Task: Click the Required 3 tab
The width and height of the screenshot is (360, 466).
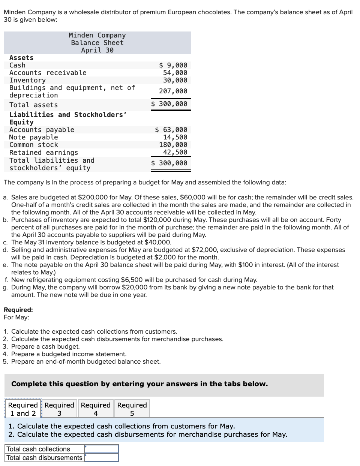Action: click(59, 409)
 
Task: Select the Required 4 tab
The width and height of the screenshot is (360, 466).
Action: click(96, 409)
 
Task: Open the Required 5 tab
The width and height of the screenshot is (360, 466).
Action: click(132, 409)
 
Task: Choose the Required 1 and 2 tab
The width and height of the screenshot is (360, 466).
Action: click(23, 409)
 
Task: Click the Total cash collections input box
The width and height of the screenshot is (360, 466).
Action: click(102, 449)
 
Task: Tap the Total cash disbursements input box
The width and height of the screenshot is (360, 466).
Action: click(102, 458)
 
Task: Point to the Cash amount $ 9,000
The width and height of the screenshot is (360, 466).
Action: click(173, 65)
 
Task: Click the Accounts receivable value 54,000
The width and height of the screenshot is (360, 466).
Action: click(175, 73)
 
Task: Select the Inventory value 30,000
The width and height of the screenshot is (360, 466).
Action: click(175, 80)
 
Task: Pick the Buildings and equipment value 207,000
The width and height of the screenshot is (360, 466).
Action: click(173, 91)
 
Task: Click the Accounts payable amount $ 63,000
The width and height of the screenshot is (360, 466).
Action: click(171, 130)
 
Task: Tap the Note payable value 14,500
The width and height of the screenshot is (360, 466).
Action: click(175, 137)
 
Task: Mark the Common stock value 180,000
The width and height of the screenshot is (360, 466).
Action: click(173, 145)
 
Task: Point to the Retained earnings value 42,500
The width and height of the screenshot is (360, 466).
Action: click(175, 152)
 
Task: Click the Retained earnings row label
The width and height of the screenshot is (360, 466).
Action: click(43, 153)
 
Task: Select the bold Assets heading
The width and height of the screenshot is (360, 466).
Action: click(21, 58)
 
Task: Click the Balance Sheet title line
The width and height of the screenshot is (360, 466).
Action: click(97, 43)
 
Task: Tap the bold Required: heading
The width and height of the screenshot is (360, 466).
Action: click(18, 310)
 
